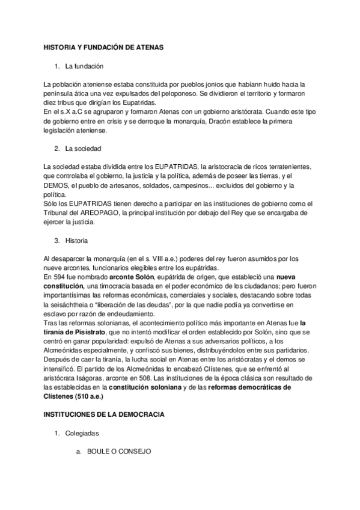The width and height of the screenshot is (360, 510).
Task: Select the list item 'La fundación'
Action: pos(85,66)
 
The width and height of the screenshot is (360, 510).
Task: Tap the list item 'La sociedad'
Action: pos(84,148)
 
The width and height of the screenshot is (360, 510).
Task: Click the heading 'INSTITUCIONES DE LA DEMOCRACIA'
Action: pos(105,414)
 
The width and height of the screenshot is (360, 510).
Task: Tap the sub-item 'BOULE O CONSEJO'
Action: pos(118,451)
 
